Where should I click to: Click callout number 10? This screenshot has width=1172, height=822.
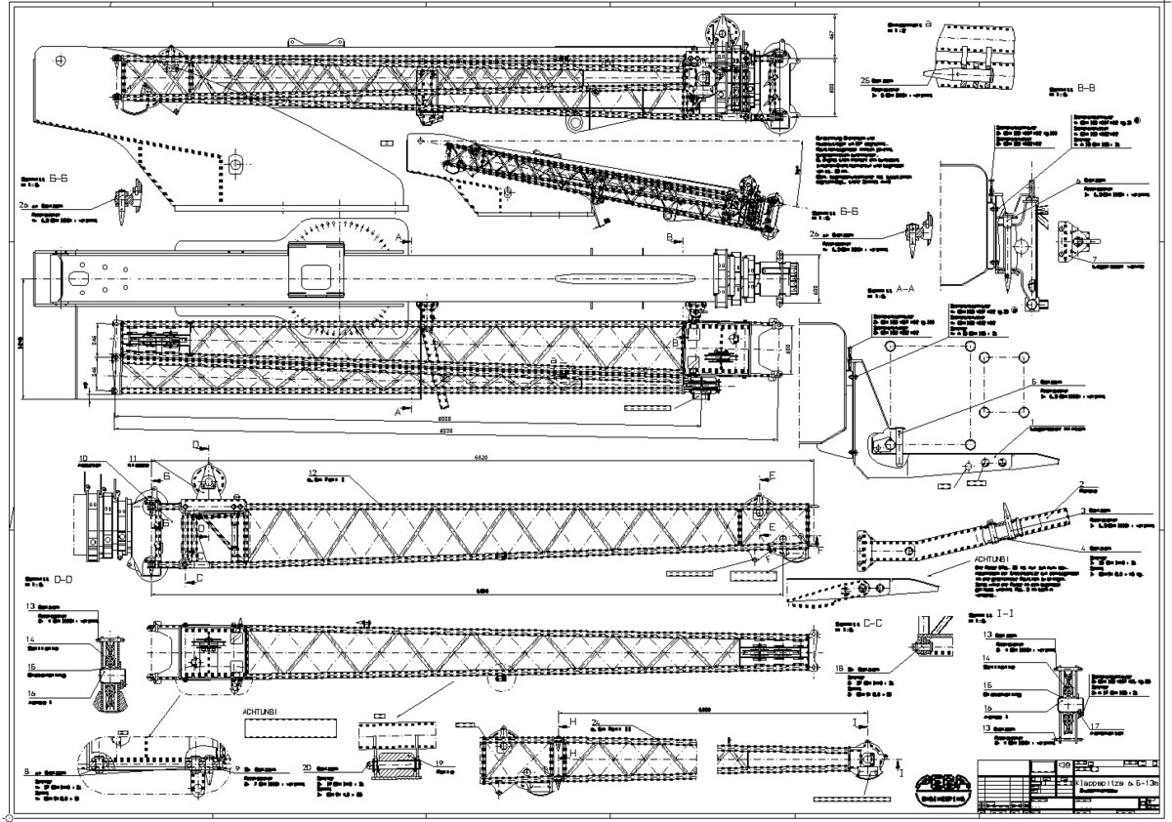(83, 458)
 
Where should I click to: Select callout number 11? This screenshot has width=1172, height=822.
(134, 456)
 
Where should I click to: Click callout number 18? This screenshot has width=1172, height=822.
(842, 668)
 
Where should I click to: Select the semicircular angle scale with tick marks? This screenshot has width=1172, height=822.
(347, 234)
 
